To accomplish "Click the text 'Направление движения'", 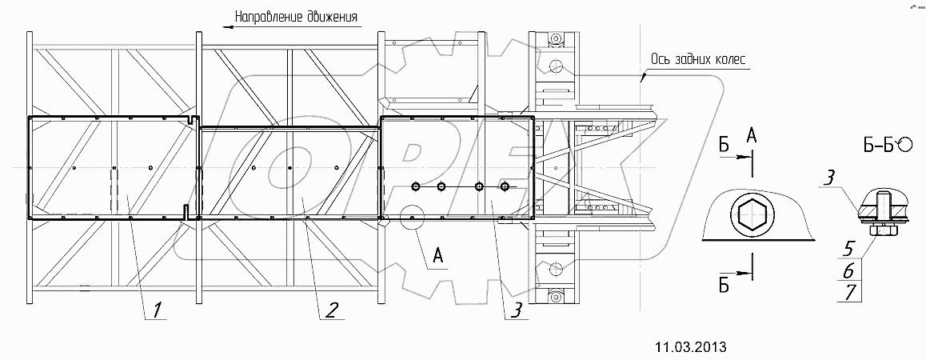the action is point(295,16).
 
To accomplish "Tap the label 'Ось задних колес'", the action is point(697,59).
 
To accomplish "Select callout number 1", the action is point(159,308).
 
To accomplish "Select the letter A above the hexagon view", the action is point(752,137).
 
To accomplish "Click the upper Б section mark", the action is point(724,145).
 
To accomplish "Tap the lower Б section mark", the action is point(724,288).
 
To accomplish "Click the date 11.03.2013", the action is point(691,346).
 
